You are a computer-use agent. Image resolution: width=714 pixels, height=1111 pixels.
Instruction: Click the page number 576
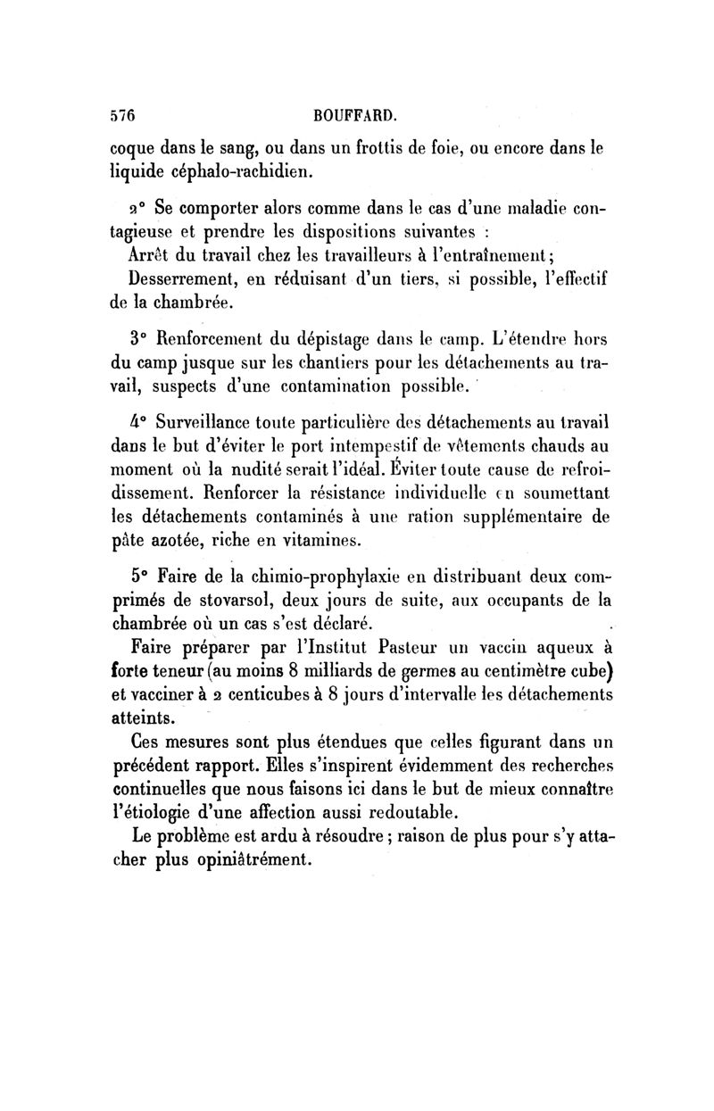click(x=120, y=115)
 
